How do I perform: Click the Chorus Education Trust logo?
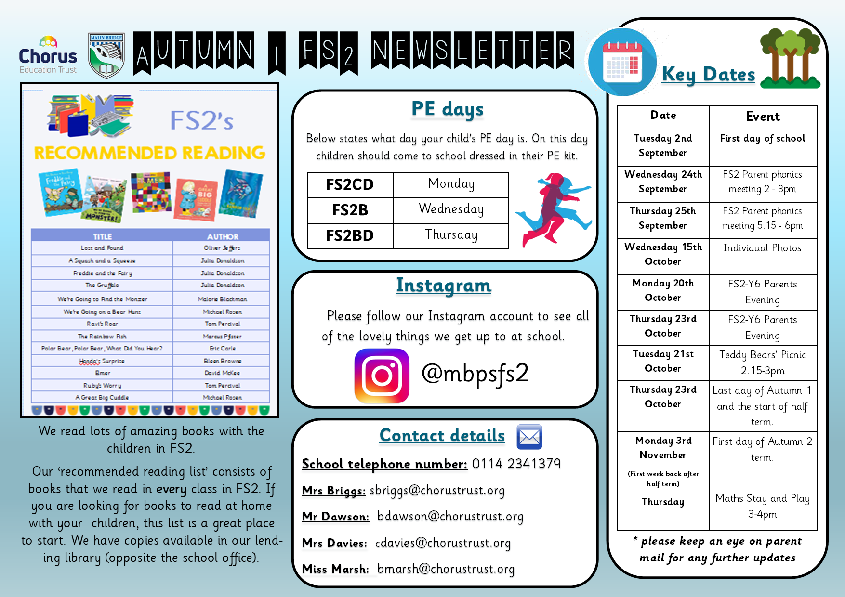48,55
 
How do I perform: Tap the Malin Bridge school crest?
106,55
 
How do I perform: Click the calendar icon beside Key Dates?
622,63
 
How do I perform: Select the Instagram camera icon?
382,376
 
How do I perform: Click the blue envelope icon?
529,437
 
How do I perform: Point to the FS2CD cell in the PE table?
350,185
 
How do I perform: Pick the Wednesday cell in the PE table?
451,210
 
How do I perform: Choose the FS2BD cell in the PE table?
350,236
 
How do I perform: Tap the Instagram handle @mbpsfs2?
475,374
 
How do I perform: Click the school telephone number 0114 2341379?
516,464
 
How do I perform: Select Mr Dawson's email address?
450,517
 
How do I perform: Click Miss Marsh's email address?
446,569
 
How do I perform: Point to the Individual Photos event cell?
762,248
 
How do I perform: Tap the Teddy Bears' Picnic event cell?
762,363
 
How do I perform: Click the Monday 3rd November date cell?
663,448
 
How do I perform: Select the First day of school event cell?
762,139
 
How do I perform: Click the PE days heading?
447,109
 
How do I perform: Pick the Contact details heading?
442,436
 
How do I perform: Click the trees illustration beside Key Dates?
790,59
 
